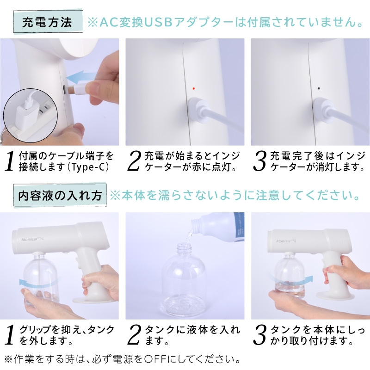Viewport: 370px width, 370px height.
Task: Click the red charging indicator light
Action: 193,88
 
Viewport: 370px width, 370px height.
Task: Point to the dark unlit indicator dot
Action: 319,89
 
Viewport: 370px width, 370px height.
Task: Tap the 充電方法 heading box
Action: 48,22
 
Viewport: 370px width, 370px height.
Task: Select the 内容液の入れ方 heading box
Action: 60,196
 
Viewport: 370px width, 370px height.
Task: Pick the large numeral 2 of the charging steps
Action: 134,161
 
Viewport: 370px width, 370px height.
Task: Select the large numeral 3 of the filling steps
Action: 259,335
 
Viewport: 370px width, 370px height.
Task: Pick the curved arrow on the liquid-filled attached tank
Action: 291,280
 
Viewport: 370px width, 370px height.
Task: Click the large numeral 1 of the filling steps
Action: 9,335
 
